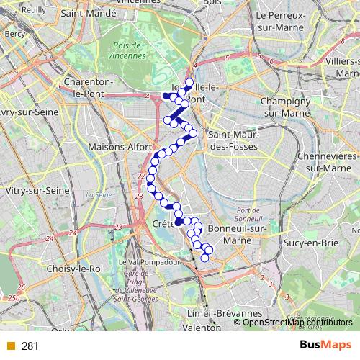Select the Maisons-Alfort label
tap(113, 148)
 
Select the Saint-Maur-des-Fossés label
tap(232, 140)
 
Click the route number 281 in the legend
tap(30, 346)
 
